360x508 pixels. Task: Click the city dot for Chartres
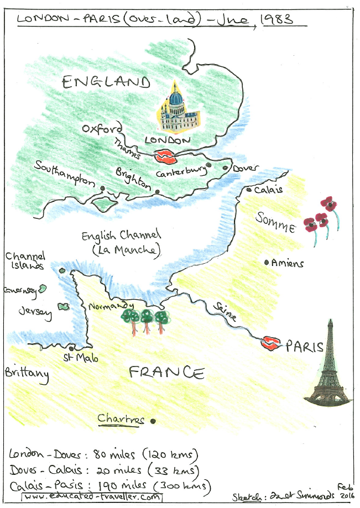(x=153, y=421)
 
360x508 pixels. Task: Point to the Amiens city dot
(x=267, y=263)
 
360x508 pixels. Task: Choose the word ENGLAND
(x=106, y=83)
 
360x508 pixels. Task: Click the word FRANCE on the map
(x=166, y=373)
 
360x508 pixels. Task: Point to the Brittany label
(x=27, y=374)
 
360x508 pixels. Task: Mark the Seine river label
(x=223, y=311)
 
